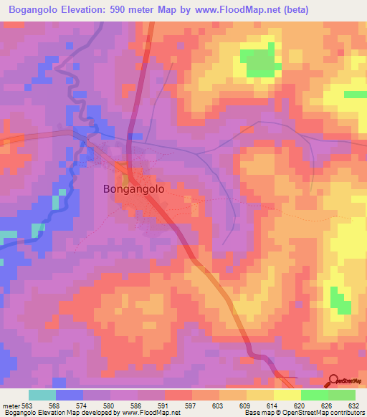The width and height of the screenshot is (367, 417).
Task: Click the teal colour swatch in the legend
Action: click(42, 396)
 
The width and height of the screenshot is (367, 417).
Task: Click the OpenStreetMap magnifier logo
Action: click(333, 380)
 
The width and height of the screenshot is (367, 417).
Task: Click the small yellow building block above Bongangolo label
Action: click(125, 178)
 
